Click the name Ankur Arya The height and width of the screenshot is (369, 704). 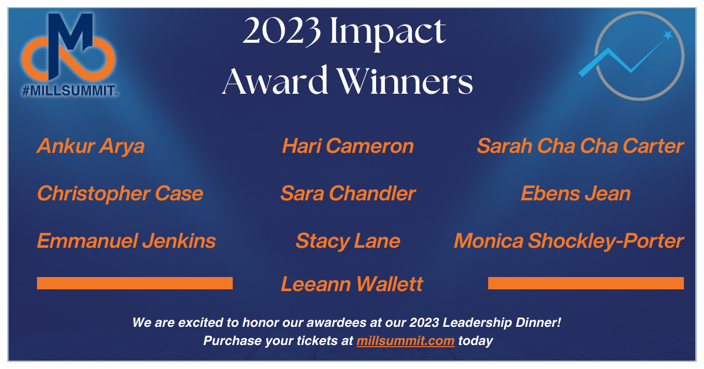90,146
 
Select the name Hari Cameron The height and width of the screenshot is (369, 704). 348,146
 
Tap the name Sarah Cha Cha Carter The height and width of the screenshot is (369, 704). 580,146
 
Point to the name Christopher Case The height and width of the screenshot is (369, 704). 120,193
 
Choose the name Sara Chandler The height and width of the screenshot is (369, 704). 348,193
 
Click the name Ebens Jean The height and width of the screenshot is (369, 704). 576,193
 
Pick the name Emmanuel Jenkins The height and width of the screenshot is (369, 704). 126,241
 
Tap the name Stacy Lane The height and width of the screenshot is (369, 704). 348,241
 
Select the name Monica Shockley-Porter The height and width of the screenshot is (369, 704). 568,241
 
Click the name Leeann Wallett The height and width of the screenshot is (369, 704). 352,284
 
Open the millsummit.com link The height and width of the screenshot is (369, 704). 405,340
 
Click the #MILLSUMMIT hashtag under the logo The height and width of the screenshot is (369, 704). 70,91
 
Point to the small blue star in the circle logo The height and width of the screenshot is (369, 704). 668,36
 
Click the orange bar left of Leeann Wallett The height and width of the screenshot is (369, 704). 135,283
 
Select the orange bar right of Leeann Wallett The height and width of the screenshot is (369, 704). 585,283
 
